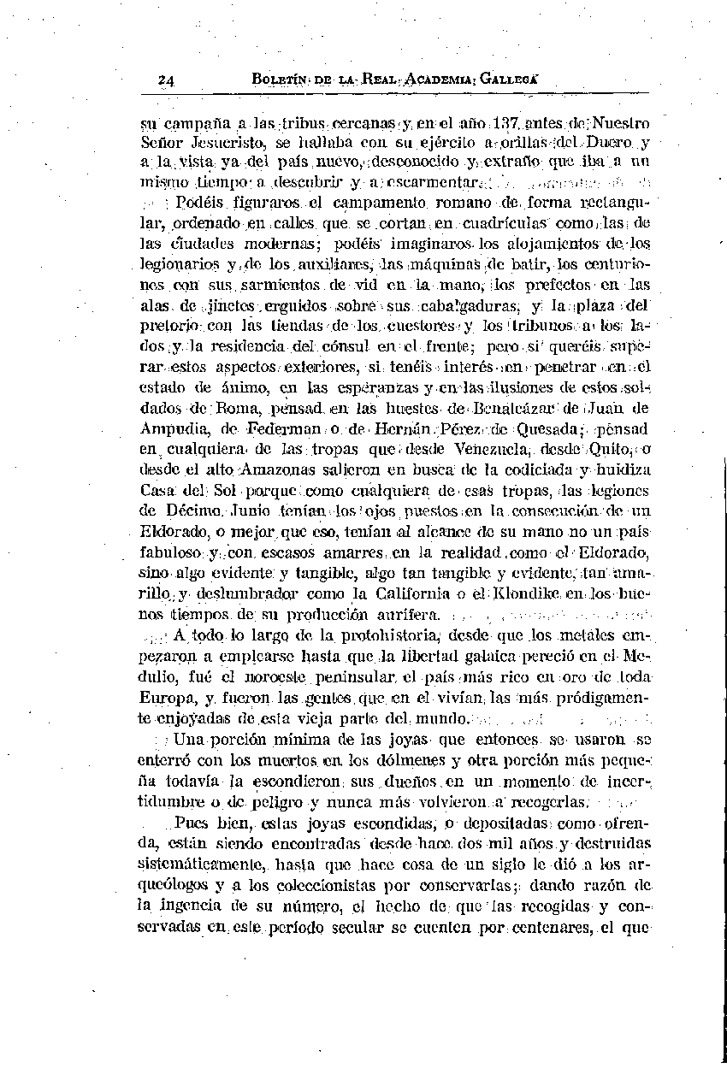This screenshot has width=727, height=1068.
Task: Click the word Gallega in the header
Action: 510,80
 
